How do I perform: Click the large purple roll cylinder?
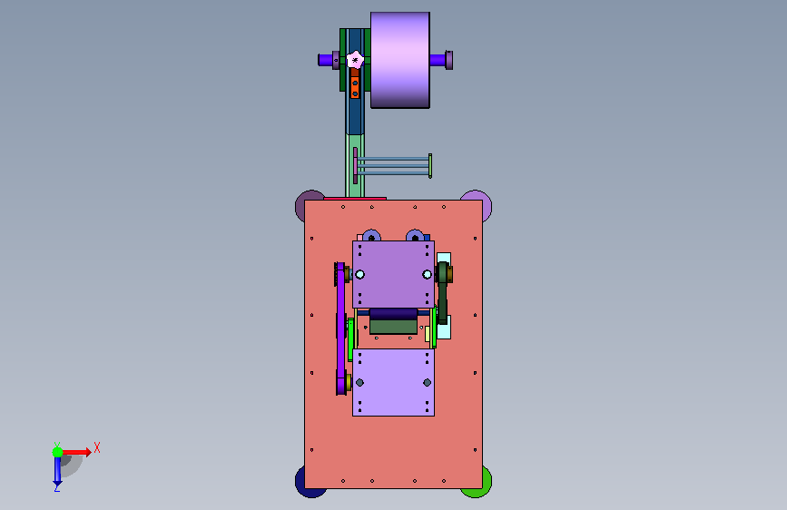click(400, 60)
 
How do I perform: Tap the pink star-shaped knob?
click(355, 60)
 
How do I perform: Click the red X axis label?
click(97, 447)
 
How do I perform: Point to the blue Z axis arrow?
click(57, 472)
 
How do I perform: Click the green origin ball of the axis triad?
click(58, 452)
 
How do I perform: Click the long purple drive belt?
click(340, 329)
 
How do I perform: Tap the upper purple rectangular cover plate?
click(394, 274)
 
